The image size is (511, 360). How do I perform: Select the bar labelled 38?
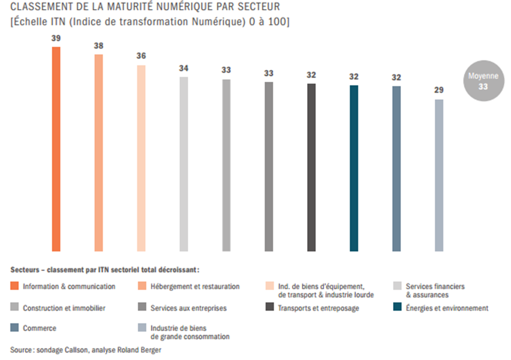point(98,152)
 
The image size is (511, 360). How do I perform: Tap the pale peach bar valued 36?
point(141,158)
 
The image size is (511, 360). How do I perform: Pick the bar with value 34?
point(184,163)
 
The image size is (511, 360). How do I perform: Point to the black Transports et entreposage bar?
point(311,167)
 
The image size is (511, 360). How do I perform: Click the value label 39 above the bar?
point(56,38)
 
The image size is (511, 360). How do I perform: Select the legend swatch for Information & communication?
point(14,286)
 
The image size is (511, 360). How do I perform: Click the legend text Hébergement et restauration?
point(195,286)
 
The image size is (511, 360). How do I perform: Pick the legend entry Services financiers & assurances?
point(435,290)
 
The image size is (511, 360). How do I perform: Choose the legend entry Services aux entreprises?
point(188,308)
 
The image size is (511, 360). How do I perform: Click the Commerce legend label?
point(40,328)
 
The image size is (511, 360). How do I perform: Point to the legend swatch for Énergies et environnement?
point(397,308)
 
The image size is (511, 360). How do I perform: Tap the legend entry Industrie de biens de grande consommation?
point(190,332)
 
